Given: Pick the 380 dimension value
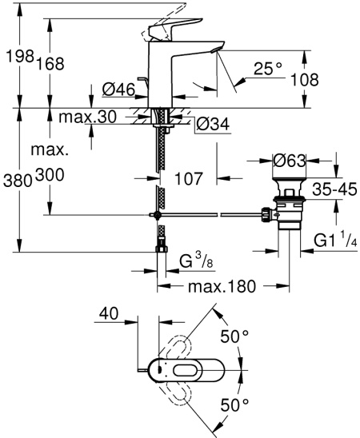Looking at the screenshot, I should [x=15, y=181].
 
